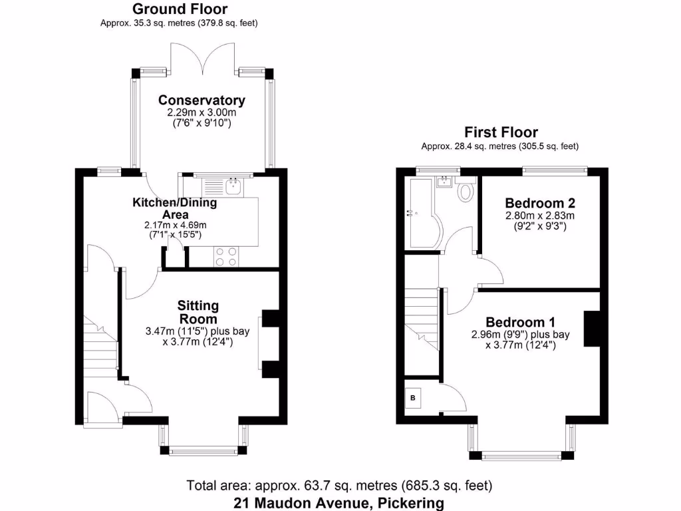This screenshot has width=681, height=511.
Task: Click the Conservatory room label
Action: pos(202,100)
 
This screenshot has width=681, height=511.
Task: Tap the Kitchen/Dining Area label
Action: pos(174,208)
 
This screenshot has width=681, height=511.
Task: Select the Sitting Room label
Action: pos(198,313)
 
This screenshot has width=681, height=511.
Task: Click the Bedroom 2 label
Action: pos(539,203)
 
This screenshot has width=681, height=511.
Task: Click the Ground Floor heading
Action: pos(179,9)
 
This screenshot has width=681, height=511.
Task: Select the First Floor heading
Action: pos(501,132)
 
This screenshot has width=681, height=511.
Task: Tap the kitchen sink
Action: pos(233,186)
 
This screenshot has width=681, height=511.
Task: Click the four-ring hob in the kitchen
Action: pos(226,255)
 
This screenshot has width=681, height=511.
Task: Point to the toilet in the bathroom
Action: pos(466,192)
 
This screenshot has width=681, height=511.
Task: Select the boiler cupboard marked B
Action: pos(413,398)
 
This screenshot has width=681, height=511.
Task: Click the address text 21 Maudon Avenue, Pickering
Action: pos(339,503)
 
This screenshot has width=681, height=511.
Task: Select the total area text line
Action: pos(339,485)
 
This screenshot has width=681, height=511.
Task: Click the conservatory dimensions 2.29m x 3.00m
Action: pos(202,113)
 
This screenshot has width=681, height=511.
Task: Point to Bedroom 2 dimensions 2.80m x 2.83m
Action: pos(539,216)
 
